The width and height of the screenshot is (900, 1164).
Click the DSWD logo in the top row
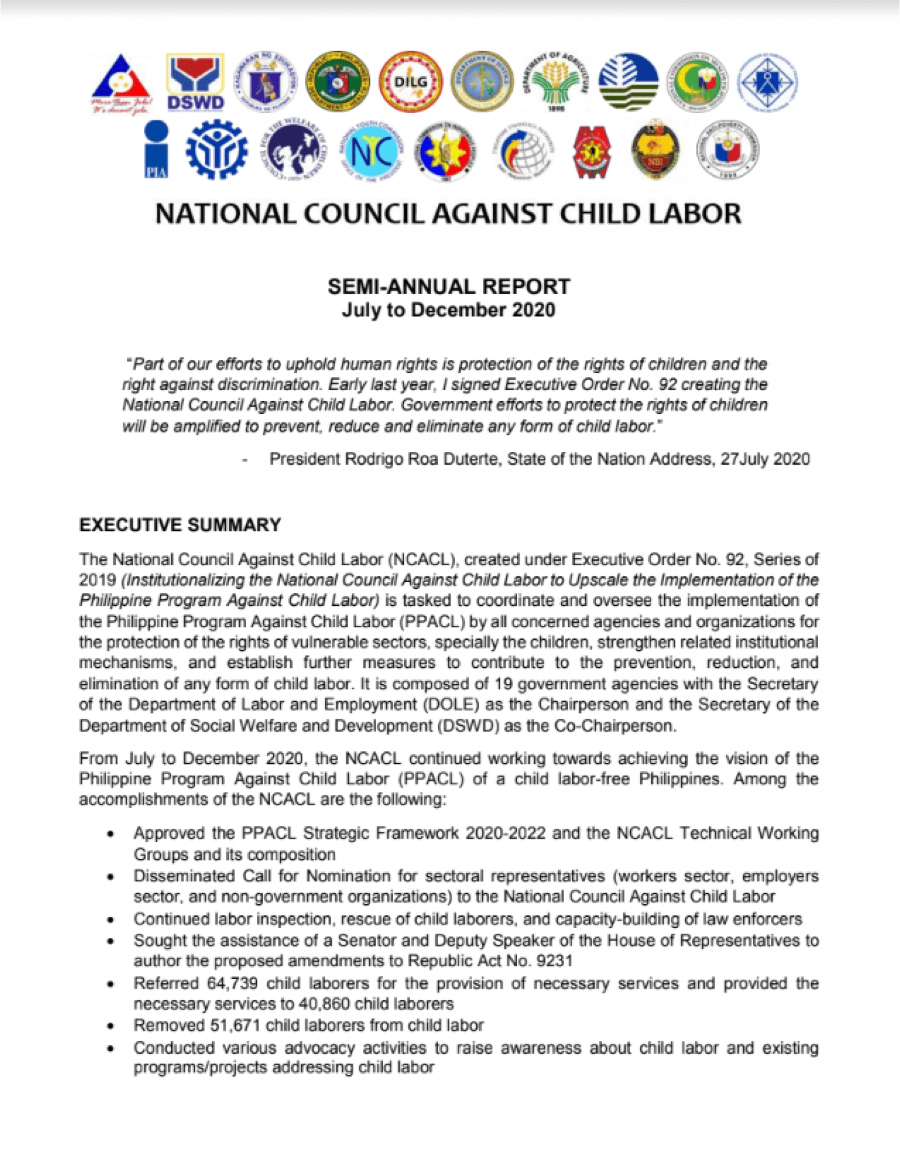(x=195, y=82)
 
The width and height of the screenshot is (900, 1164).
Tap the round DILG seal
(x=410, y=83)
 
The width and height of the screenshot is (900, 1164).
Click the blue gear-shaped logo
(x=216, y=150)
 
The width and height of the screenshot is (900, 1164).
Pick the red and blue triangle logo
(x=121, y=83)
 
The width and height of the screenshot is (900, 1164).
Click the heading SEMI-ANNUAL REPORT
(x=448, y=286)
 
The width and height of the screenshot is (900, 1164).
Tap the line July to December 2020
(x=448, y=310)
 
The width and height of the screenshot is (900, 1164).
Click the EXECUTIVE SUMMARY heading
(x=180, y=525)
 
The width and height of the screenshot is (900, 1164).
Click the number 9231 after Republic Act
(x=554, y=961)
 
